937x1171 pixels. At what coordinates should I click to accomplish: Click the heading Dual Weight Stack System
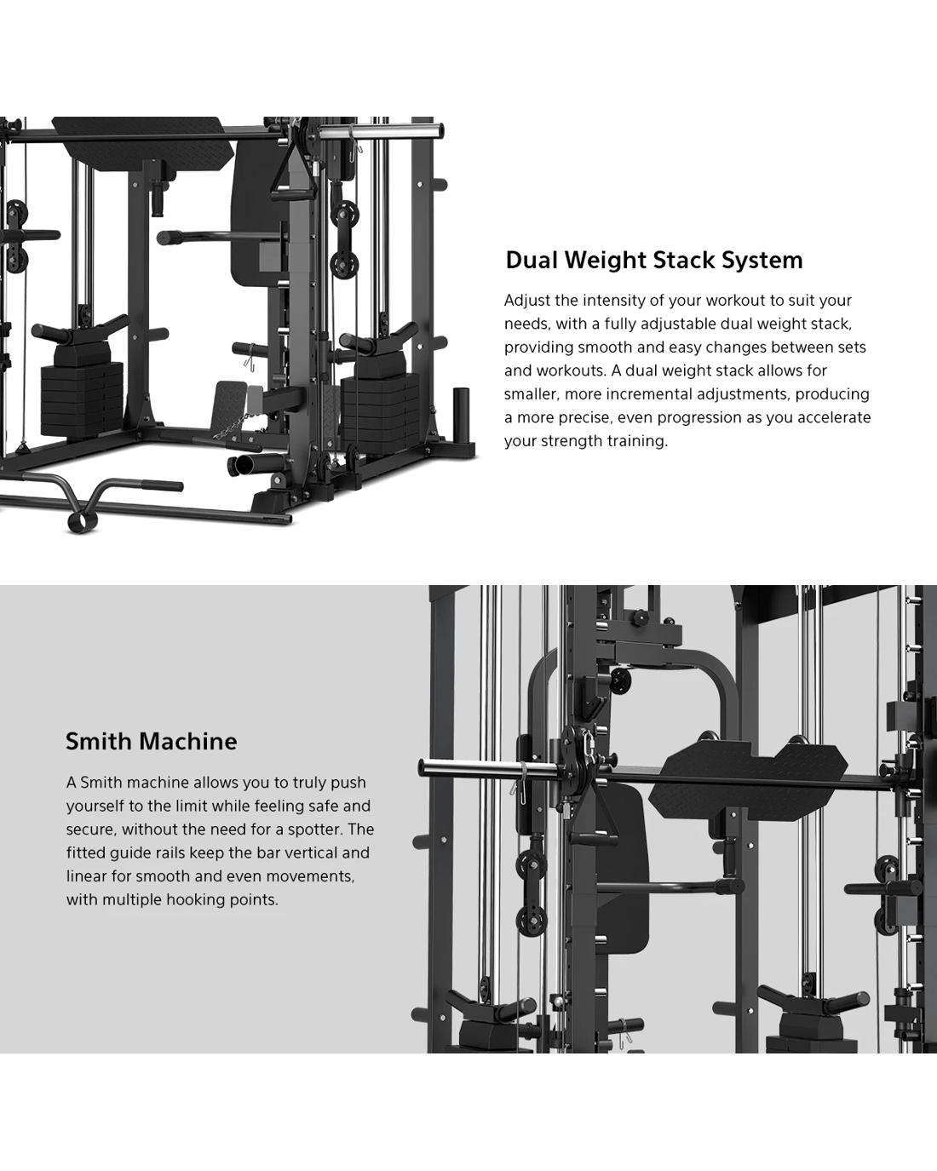654,260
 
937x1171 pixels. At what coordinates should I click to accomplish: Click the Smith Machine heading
152,741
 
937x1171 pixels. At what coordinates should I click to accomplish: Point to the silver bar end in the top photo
381,131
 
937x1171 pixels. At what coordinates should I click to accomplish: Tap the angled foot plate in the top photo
230,400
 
